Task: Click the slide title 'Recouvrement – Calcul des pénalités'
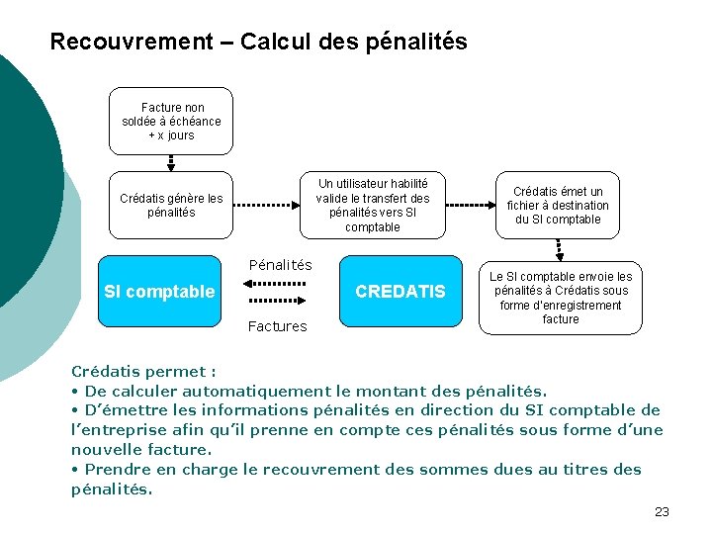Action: (x=258, y=43)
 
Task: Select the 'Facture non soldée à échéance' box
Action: (x=171, y=122)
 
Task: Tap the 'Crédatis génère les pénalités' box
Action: (x=171, y=206)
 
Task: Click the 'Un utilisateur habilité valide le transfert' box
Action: (x=373, y=206)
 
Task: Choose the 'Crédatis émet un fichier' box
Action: (x=558, y=206)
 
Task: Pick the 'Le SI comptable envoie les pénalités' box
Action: (x=561, y=298)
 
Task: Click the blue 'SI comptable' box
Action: (x=159, y=292)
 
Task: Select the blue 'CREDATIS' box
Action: (x=400, y=292)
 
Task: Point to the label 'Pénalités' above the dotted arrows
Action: (x=280, y=265)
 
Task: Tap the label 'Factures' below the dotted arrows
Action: (x=278, y=326)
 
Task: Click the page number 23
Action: (x=662, y=511)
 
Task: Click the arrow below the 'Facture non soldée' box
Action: (x=171, y=164)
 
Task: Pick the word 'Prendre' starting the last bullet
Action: (x=115, y=469)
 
